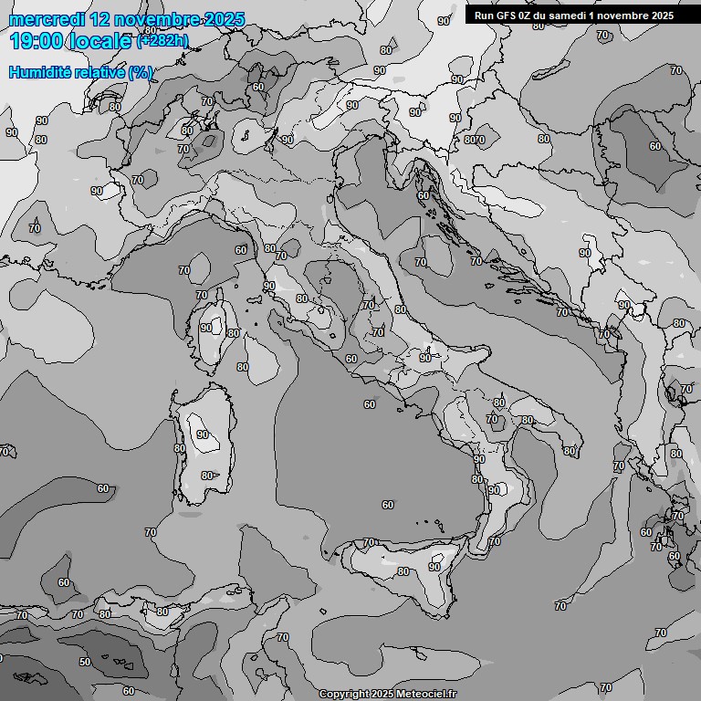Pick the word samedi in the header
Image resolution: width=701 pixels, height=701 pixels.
pyautogui.click(x=568, y=16)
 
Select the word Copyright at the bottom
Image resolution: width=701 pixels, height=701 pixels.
pyautogui.click(x=344, y=694)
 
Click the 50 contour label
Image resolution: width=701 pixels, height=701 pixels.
pyautogui.click(x=85, y=662)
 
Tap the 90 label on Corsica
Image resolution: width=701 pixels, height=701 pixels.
pyautogui.click(x=206, y=328)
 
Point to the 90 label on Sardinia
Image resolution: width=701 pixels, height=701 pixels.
pyautogui.click(x=202, y=435)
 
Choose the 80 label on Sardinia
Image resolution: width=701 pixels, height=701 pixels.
pyautogui.click(x=207, y=476)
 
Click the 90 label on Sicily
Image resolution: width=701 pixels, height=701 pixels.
pyautogui.click(x=434, y=567)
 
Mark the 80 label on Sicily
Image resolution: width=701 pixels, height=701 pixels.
pyautogui.click(x=403, y=571)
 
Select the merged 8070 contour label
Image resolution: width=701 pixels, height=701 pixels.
pyautogui.click(x=475, y=140)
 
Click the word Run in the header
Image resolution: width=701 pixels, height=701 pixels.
pyautogui.click(x=484, y=16)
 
